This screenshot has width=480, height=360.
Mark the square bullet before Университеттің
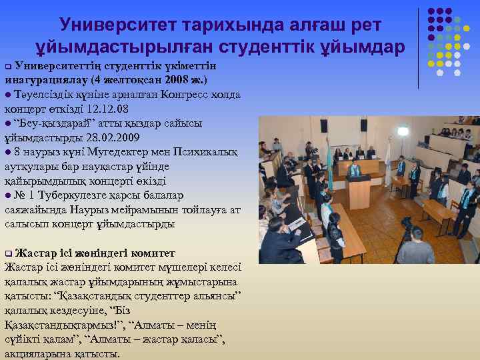pyautogui.click(x=8, y=68)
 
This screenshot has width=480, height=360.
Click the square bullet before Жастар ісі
pyautogui.click(x=8, y=254)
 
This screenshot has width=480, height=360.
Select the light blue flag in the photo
pyautogui.click(x=328, y=164)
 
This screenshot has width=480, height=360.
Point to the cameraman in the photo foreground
pyautogui.click(x=414, y=247)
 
